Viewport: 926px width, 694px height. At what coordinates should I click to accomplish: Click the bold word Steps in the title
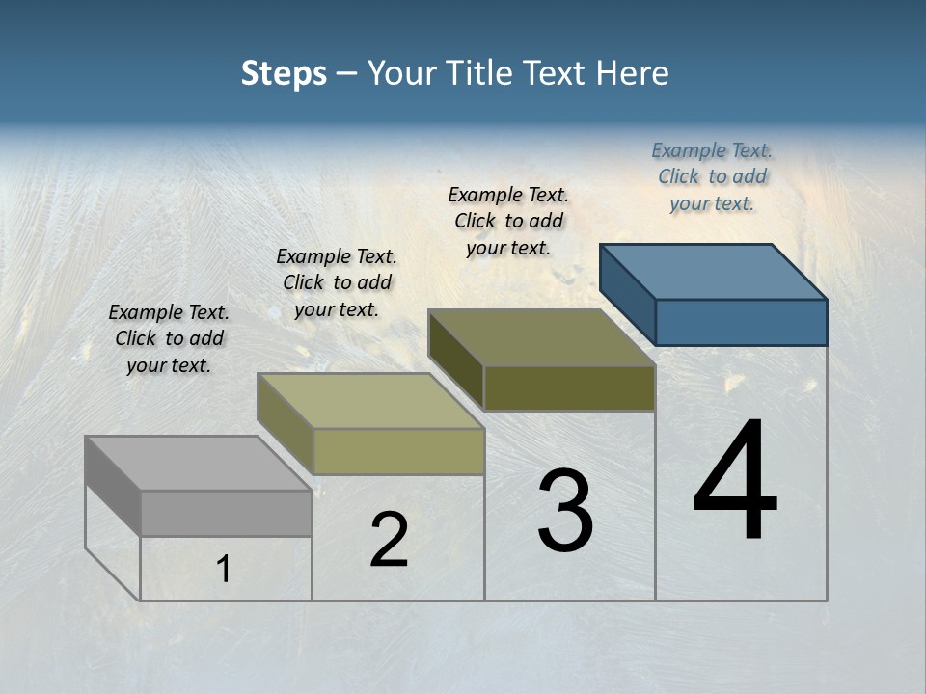click(x=284, y=73)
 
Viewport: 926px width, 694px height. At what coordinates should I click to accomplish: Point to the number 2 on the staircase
click(x=389, y=541)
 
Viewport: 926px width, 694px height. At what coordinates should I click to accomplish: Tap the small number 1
click(x=224, y=570)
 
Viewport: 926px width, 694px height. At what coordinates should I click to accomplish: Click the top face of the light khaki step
click(x=370, y=401)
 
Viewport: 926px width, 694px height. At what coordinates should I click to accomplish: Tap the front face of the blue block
click(x=741, y=322)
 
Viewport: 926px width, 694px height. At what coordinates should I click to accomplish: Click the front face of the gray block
click(x=226, y=513)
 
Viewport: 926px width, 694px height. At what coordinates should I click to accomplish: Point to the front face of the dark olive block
click(x=569, y=387)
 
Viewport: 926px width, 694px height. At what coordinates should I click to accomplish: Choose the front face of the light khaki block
click(x=398, y=451)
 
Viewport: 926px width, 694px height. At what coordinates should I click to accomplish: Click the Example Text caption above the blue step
click(x=712, y=176)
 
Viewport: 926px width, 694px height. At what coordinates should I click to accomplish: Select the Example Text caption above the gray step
click(x=169, y=338)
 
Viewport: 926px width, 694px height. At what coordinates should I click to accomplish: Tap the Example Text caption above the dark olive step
click(x=508, y=221)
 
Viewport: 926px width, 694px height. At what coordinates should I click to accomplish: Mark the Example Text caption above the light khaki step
click(x=337, y=282)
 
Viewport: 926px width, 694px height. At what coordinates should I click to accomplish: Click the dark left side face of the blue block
click(x=627, y=294)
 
